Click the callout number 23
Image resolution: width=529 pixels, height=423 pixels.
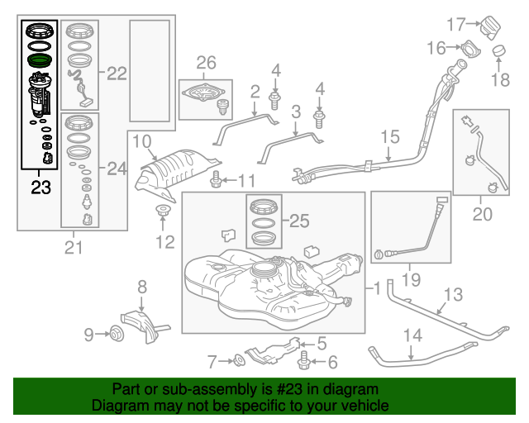(40, 188)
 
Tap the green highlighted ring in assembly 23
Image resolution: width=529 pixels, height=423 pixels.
(40, 60)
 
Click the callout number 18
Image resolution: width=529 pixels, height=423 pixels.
(502, 79)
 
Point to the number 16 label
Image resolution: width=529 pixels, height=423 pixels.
(436, 47)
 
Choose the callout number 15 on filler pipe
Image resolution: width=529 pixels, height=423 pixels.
(389, 137)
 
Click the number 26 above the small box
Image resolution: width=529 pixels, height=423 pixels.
(205, 63)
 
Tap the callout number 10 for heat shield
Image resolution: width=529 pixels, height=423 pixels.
(141, 140)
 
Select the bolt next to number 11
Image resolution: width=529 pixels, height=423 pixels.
(217, 178)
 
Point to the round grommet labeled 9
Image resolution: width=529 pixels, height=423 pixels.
(116, 334)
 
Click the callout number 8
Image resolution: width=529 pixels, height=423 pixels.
(142, 287)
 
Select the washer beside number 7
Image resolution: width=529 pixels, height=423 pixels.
(238, 359)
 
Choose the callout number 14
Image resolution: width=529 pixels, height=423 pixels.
(412, 335)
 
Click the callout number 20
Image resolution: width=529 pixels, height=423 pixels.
(481, 216)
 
